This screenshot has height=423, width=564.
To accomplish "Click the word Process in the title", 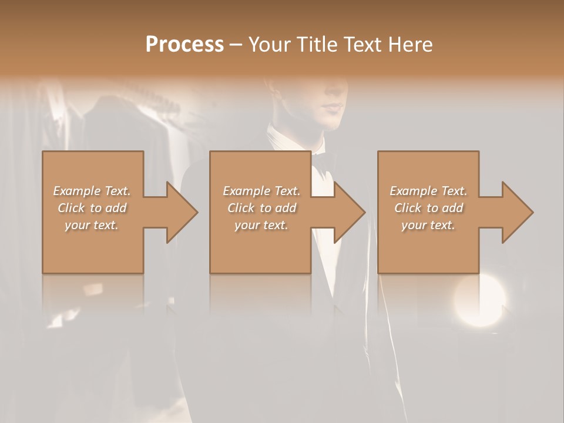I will coord(184,45).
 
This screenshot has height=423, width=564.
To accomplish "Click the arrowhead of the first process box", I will coord(182,212).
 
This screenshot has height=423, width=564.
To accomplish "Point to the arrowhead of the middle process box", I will coord(350,212).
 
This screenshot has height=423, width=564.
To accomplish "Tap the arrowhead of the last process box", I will coord(518,212).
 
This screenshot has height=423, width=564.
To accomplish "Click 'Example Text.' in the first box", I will coord(92,191).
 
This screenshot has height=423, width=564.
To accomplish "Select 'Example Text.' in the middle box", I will coord(261,191).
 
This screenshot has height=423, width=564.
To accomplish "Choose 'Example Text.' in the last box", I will coord(428,191).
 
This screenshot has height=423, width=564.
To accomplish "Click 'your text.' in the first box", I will coord(92,225).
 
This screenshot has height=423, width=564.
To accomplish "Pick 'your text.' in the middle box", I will coord(261,225).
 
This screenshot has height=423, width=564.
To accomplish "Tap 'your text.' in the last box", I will coord(428,225).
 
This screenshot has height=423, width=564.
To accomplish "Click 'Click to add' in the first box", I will coord(92,208).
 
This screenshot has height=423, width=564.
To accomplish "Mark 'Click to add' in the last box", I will coord(428,208).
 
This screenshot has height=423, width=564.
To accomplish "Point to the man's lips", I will coord(334,108).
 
